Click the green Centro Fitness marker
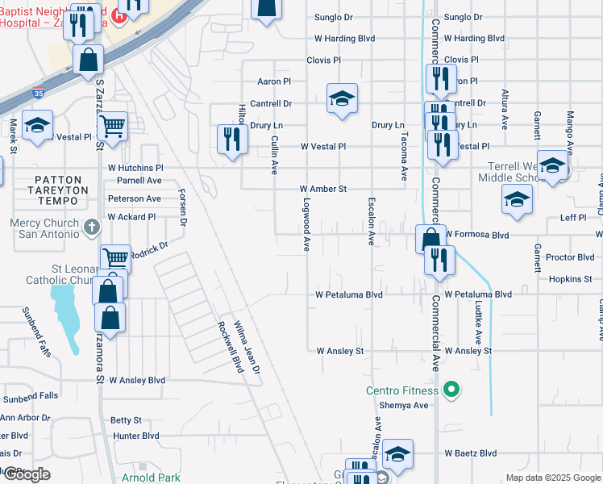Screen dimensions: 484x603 click(451, 391)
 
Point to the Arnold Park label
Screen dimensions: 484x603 click(151, 478)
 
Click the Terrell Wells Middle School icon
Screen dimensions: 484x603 click(552, 166)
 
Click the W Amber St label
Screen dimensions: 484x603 click(322, 189)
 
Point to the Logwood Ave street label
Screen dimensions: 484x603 click(306, 225)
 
